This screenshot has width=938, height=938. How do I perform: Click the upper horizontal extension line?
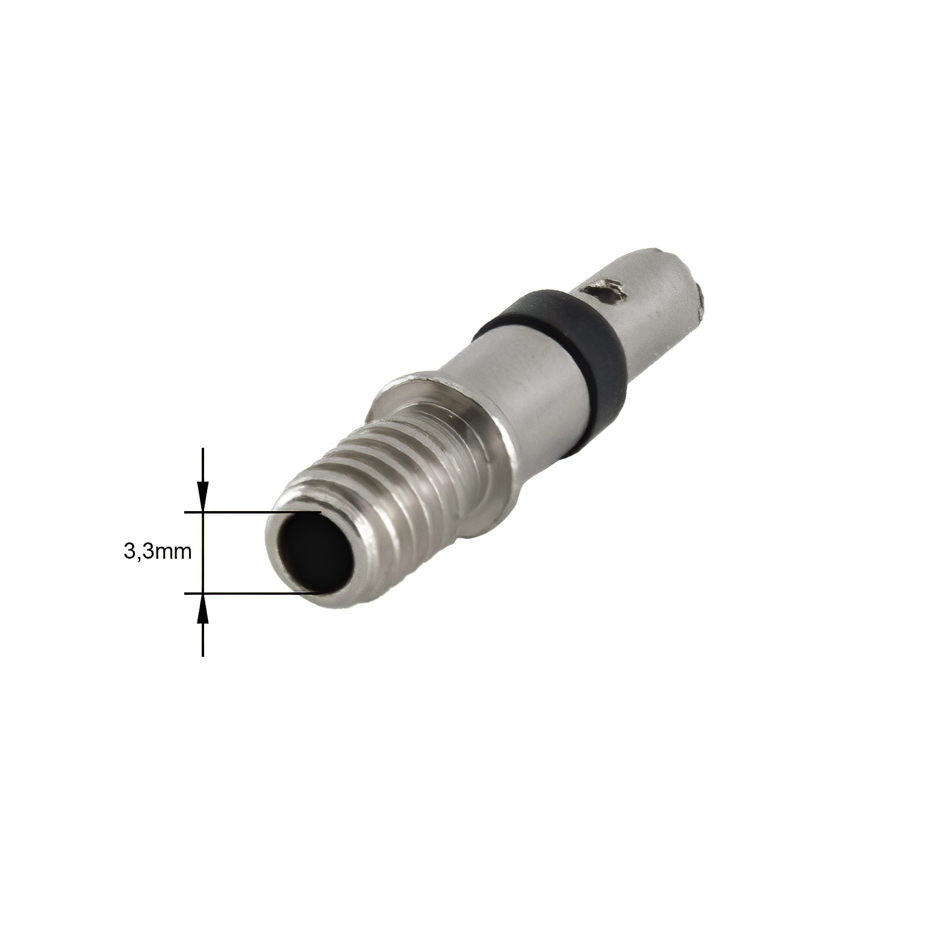point(253,512)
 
